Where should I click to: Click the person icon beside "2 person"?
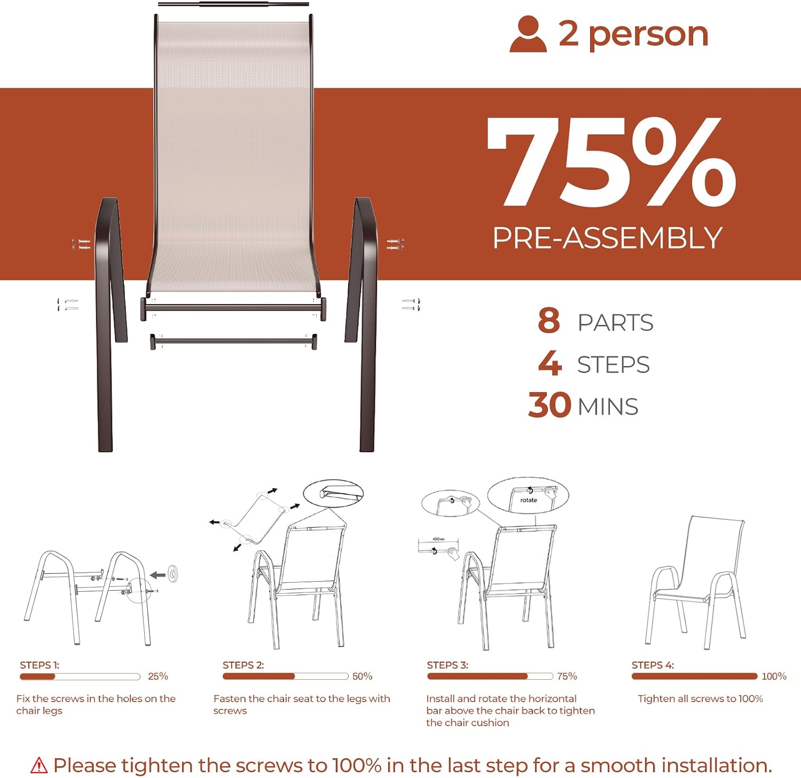coord(528,34)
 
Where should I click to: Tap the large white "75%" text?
coord(612,161)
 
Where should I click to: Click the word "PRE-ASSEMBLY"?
coord(607,238)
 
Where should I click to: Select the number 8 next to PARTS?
coord(549,321)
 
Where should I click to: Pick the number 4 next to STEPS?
coord(550,363)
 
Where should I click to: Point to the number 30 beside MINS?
coord(550,405)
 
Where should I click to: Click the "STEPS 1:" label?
coord(40,665)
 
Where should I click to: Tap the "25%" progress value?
coord(158,676)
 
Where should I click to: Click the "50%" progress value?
coord(363,676)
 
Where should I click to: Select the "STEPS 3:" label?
coord(447,665)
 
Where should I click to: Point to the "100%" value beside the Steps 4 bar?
coord(774,676)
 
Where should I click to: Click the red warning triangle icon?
coord(39,765)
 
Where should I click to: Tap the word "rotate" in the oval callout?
coord(529,500)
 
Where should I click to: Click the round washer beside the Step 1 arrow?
coord(173,574)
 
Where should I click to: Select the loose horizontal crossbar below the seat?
coord(234,340)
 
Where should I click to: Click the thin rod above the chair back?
coord(233,4)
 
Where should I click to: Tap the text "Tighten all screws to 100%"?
coord(700,698)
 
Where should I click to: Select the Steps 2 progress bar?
coord(286,676)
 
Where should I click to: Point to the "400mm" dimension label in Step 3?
coord(438,539)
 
